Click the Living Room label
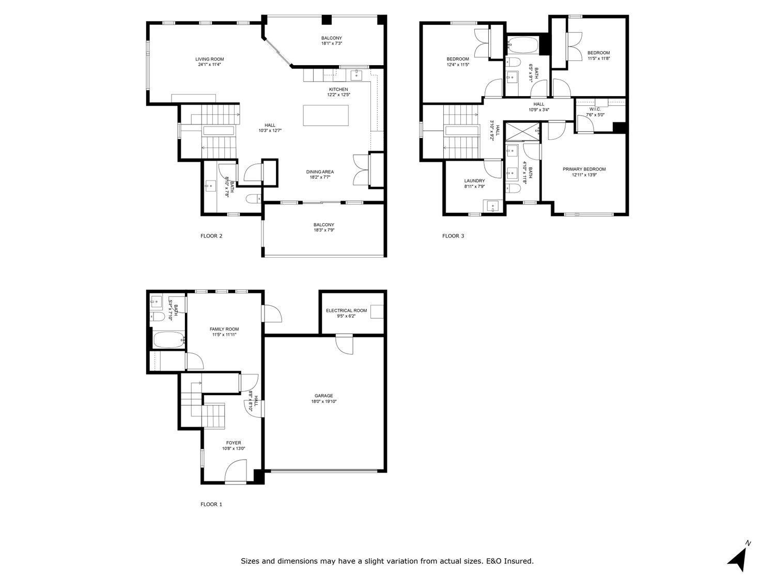[x=209, y=59]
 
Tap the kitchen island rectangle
[x=326, y=115]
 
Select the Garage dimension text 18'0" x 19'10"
[x=324, y=402]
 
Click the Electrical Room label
[x=346, y=310]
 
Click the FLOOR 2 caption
[x=211, y=236]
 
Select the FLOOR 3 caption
[x=453, y=236]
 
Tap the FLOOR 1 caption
[x=211, y=504]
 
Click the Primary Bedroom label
[x=584, y=169]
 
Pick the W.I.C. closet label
[x=595, y=109]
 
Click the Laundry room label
[x=474, y=181]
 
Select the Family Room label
[x=224, y=329]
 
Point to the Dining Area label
[x=320, y=172]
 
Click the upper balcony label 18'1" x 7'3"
[x=331, y=43]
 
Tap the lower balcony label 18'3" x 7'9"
[x=323, y=230]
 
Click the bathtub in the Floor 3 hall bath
[x=522, y=44]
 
